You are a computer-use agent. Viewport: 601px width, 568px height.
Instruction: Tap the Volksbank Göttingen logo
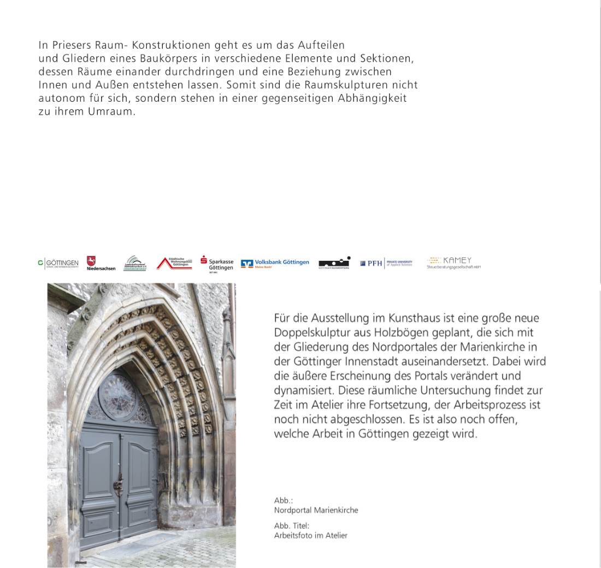click(x=275, y=263)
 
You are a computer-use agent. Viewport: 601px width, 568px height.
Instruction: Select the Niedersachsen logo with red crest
click(x=101, y=263)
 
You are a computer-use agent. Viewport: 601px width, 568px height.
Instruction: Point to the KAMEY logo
click(x=453, y=262)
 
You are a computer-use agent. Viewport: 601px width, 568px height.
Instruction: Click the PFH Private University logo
click(x=386, y=263)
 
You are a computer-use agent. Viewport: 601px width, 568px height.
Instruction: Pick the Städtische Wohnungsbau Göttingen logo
click(x=174, y=263)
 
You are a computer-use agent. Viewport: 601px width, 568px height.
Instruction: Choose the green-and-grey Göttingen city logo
click(x=58, y=263)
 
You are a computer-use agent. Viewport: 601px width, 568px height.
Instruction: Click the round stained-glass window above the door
click(x=116, y=396)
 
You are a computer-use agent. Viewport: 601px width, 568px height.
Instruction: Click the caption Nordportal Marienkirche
click(x=316, y=510)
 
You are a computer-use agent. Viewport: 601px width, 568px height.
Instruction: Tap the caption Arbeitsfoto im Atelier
click(x=310, y=535)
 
